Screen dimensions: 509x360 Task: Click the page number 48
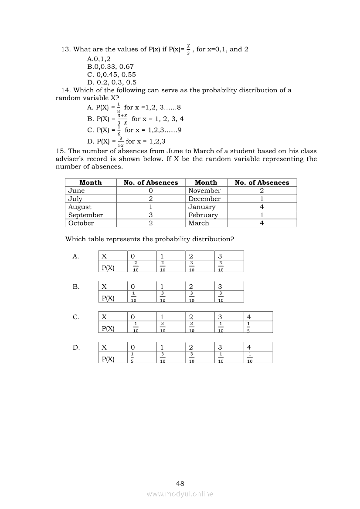point(180,483)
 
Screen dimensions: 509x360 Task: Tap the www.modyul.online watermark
point(180,494)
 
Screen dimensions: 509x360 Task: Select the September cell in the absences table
point(85,215)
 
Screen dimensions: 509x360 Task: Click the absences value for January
point(262,207)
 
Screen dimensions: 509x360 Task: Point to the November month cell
point(204,191)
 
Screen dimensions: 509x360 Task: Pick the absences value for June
point(150,191)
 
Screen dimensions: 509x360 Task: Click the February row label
point(203,215)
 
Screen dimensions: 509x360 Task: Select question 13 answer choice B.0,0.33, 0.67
point(110,66)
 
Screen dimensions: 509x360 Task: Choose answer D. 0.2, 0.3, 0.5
point(112,82)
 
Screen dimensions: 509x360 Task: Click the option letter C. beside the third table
point(76,317)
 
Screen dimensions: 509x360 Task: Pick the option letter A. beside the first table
point(76,256)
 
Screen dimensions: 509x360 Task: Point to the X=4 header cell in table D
point(249,347)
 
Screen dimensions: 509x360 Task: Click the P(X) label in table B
point(108,298)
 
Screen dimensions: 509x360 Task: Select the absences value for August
point(150,207)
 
